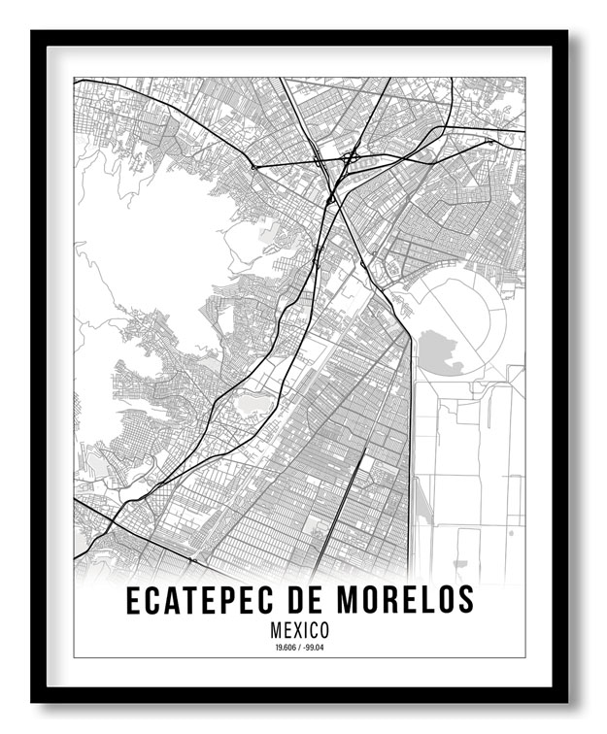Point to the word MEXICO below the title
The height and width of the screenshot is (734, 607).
coord(300,630)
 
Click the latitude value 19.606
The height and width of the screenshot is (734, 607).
coord(284,648)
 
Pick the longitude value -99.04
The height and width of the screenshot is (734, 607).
coord(317,648)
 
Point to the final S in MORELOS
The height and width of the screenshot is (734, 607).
coord(466,601)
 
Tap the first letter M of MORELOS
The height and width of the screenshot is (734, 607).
coord(344,601)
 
